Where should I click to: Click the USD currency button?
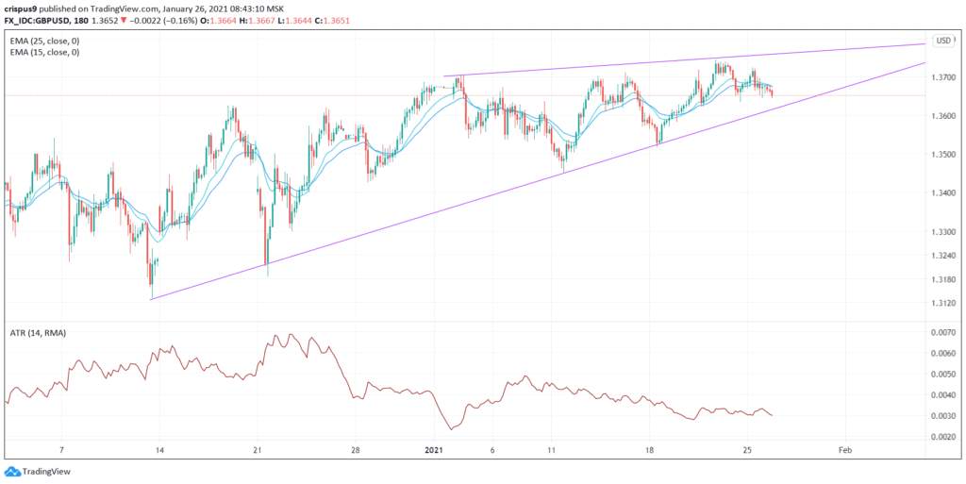click(942, 41)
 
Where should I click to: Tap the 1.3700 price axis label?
click(943, 77)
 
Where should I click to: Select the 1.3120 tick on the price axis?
click(943, 303)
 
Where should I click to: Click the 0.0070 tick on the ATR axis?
click(943, 333)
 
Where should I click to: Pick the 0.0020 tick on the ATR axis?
click(943, 437)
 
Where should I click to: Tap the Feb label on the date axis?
click(846, 451)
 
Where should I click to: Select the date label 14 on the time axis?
click(158, 451)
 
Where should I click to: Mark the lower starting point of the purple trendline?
click(152, 299)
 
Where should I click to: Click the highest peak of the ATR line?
click(291, 334)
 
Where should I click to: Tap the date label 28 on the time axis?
click(356, 451)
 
